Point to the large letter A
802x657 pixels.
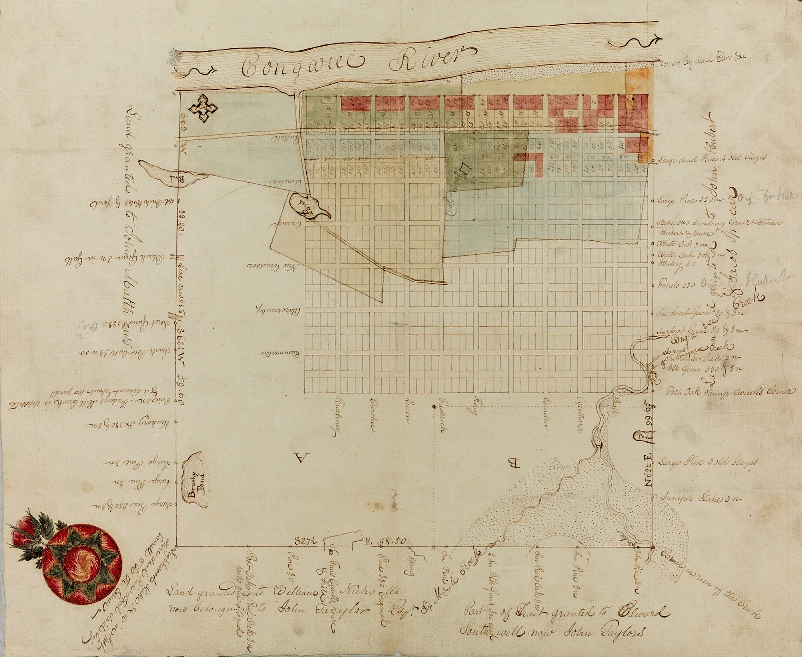click(300, 458)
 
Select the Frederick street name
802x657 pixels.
click(443, 412)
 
